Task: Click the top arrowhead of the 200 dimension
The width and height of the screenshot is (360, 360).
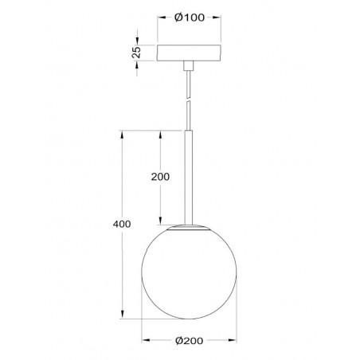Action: tap(159, 133)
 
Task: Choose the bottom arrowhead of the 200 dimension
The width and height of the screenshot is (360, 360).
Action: tap(159, 222)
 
